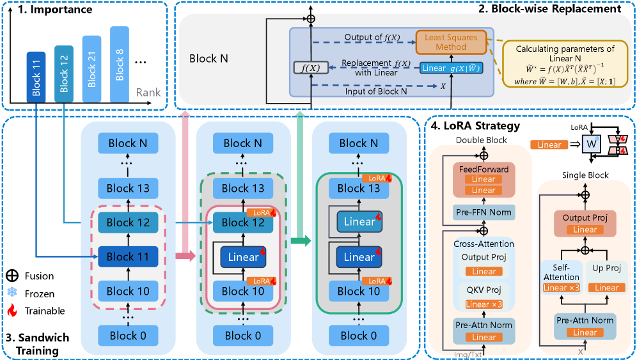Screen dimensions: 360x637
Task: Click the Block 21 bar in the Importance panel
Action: pos(91,70)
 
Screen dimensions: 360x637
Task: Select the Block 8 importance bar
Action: pos(120,65)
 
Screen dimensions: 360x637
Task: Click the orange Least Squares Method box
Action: pos(451,43)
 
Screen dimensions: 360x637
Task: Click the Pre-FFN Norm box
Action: pos(484,211)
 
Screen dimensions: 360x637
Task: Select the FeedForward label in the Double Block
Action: pos(484,169)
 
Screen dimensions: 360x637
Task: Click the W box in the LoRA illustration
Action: pos(592,146)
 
